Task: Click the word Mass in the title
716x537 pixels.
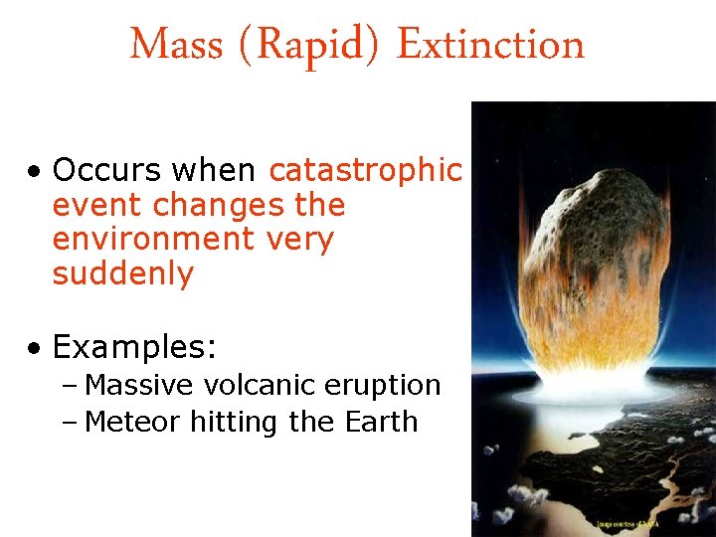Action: click(164, 45)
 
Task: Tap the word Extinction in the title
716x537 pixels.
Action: click(491, 45)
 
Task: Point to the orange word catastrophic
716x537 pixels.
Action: click(365, 171)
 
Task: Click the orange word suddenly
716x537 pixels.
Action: click(122, 273)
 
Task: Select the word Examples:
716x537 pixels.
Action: click(134, 347)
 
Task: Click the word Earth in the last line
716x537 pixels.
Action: click(381, 422)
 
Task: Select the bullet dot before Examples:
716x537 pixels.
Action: click(35, 349)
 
